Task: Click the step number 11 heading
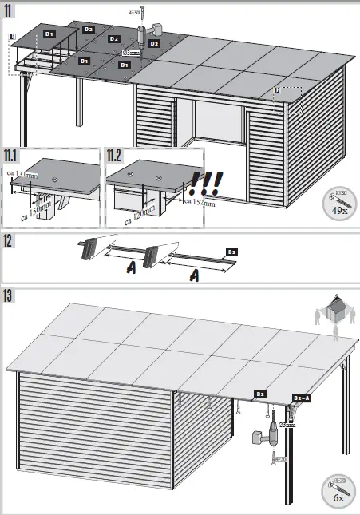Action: point(9,10)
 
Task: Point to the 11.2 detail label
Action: point(116,155)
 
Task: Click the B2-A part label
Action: point(303,397)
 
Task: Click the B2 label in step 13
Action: point(260,394)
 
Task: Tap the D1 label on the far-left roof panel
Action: point(49,34)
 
